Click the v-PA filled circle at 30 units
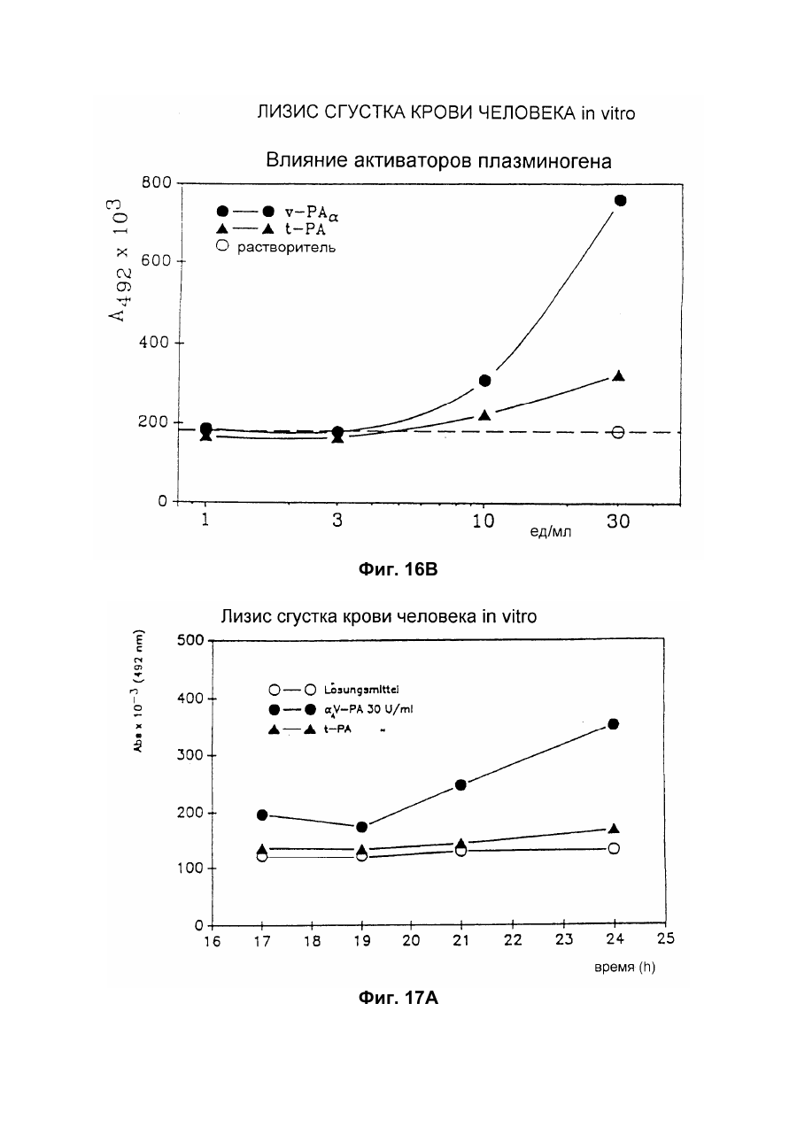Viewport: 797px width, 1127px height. pyautogui.click(x=621, y=200)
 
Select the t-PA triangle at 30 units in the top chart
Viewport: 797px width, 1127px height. pyautogui.click(x=619, y=376)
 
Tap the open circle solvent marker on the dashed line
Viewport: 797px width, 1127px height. pyautogui.click(x=618, y=432)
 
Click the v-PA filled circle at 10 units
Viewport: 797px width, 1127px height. pyautogui.click(x=484, y=381)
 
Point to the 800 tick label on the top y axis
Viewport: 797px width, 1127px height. pyautogui.click(x=157, y=182)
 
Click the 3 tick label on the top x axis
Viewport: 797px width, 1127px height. pyautogui.click(x=337, y=521)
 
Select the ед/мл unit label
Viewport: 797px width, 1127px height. pyautogui.click(x=551, y=531)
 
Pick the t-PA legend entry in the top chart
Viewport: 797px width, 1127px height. pyautogui.click(x=271, y=229)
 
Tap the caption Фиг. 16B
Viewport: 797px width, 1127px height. pyautogui.click(x=398, y=569)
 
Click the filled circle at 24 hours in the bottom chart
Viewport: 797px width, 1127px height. pyautogui.click(x=614, y=724)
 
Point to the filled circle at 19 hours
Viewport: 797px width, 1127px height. pyautogui.click(x=362, y=827)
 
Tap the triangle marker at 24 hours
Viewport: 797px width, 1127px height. pyautogui.click(x=614, y=829)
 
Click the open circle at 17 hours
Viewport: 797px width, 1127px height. pyautogui.click(x=261, y=856)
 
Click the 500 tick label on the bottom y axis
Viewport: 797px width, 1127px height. pyautogui.click(x=190, y=640)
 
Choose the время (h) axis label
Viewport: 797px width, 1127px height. pyautogui.click(x=625, y=967)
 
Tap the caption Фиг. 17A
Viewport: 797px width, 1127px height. pyautogui.click(x=398, y=998)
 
